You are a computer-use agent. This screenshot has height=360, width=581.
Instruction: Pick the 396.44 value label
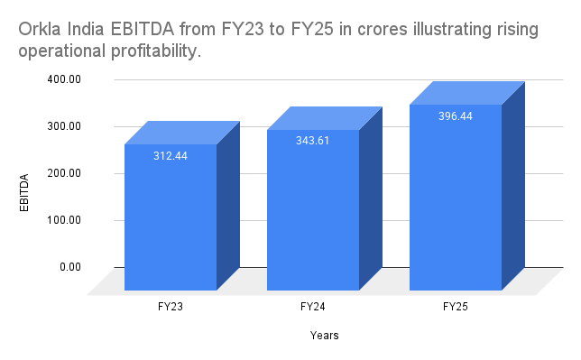(x=456, y=116)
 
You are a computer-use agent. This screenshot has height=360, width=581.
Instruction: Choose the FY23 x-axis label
(x=171, y=308)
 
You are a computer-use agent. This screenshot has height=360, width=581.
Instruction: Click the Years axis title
(x=324, y=336)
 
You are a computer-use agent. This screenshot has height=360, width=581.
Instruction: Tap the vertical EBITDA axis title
(x=25, y=191)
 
